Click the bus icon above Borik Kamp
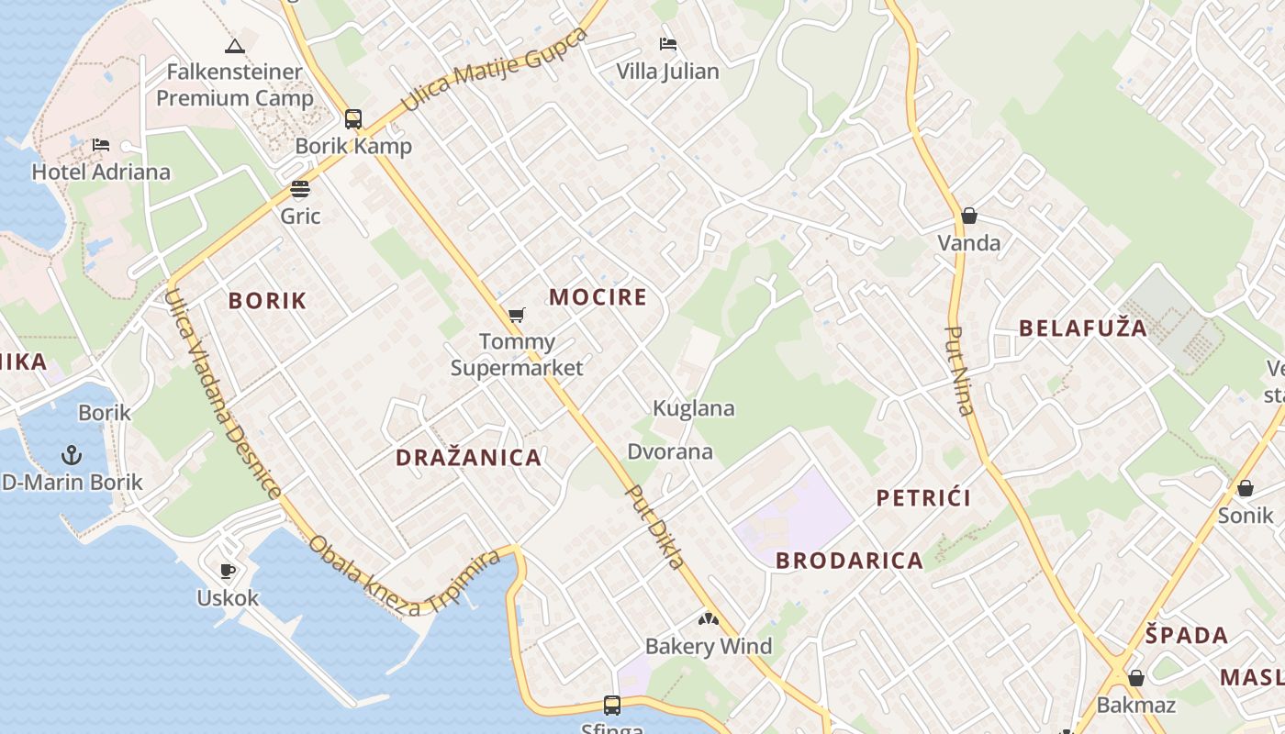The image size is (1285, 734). (353, 119)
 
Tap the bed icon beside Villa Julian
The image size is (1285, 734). (668, 44)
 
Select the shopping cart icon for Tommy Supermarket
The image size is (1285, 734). (517, 316)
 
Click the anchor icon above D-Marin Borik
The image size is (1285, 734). (72, 455)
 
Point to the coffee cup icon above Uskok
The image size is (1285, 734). (228, 572)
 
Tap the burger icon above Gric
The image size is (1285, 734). (300, 190)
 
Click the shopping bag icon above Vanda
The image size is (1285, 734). (969, 217)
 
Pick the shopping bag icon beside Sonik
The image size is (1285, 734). (1246, 488)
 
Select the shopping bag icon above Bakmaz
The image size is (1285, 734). (1136, 679)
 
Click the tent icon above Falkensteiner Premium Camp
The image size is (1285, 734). (235, 46)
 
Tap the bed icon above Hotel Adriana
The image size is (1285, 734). (101, 145)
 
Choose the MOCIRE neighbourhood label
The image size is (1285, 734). (598, 297)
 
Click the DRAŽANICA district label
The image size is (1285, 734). (468, 458)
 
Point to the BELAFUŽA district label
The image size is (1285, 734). (1083, 328)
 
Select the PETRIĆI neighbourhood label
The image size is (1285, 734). (923, 498)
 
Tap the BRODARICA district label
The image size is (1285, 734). (849, 561)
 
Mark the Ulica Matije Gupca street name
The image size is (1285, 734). (495, 70)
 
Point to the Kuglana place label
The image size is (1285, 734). (694, 408)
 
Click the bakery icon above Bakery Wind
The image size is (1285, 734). (708, 619)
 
